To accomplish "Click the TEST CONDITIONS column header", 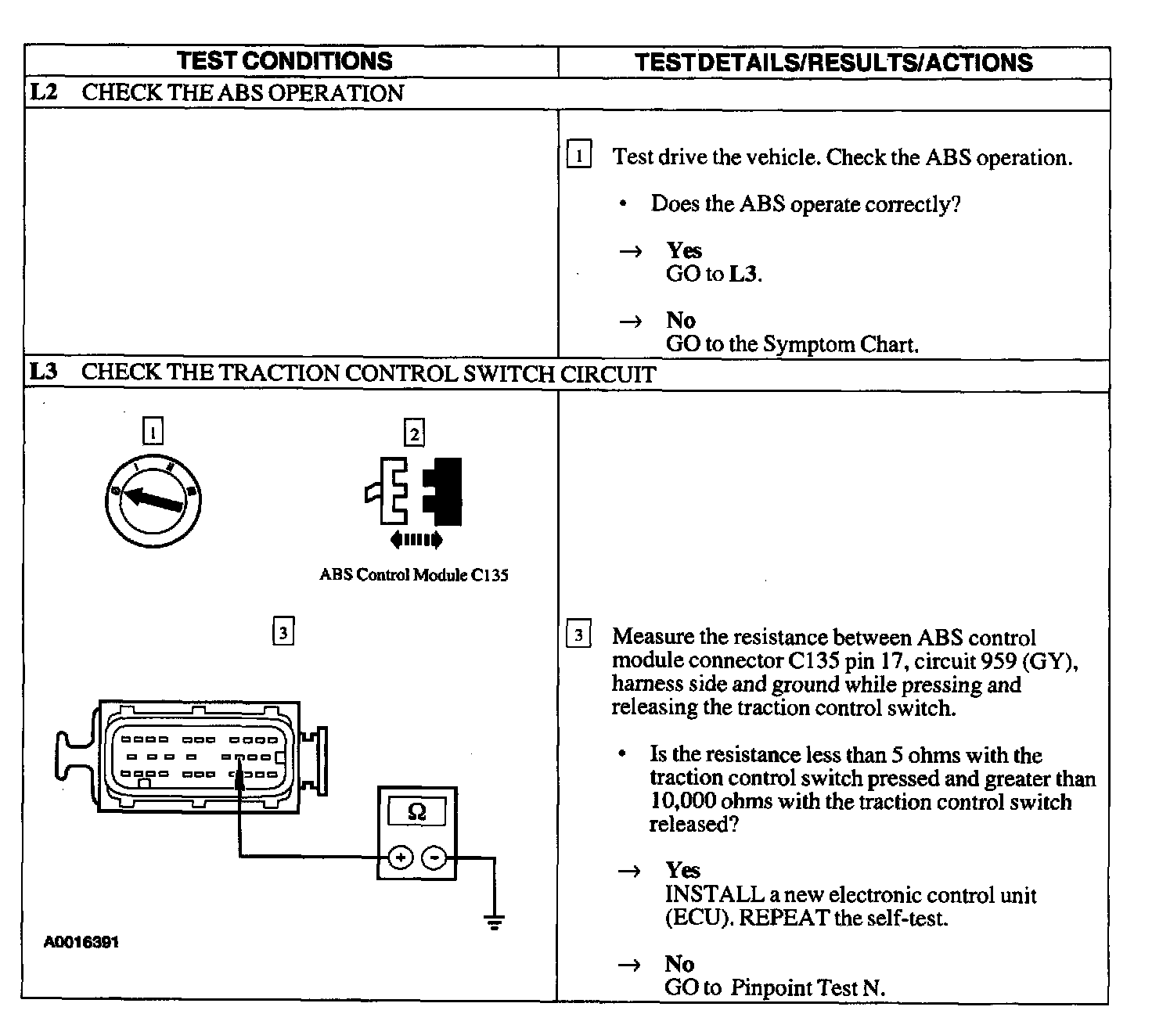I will [284, 61].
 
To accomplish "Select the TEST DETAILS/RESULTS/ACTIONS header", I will [833, 63].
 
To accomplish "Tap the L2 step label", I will [44, 92].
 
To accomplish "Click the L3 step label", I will [44, 372].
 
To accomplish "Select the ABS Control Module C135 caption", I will [414, 575].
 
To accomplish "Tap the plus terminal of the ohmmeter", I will [400, 858].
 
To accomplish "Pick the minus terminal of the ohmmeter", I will [434, 858].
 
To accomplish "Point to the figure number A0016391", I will [81, 943].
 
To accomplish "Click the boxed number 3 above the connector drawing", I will [283, 631].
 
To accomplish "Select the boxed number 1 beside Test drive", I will [578, 156].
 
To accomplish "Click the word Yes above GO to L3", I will [684, 250].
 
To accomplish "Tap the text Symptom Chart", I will [840, 344].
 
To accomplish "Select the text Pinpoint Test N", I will [807, 987].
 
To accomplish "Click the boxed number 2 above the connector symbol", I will [414, 433].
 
